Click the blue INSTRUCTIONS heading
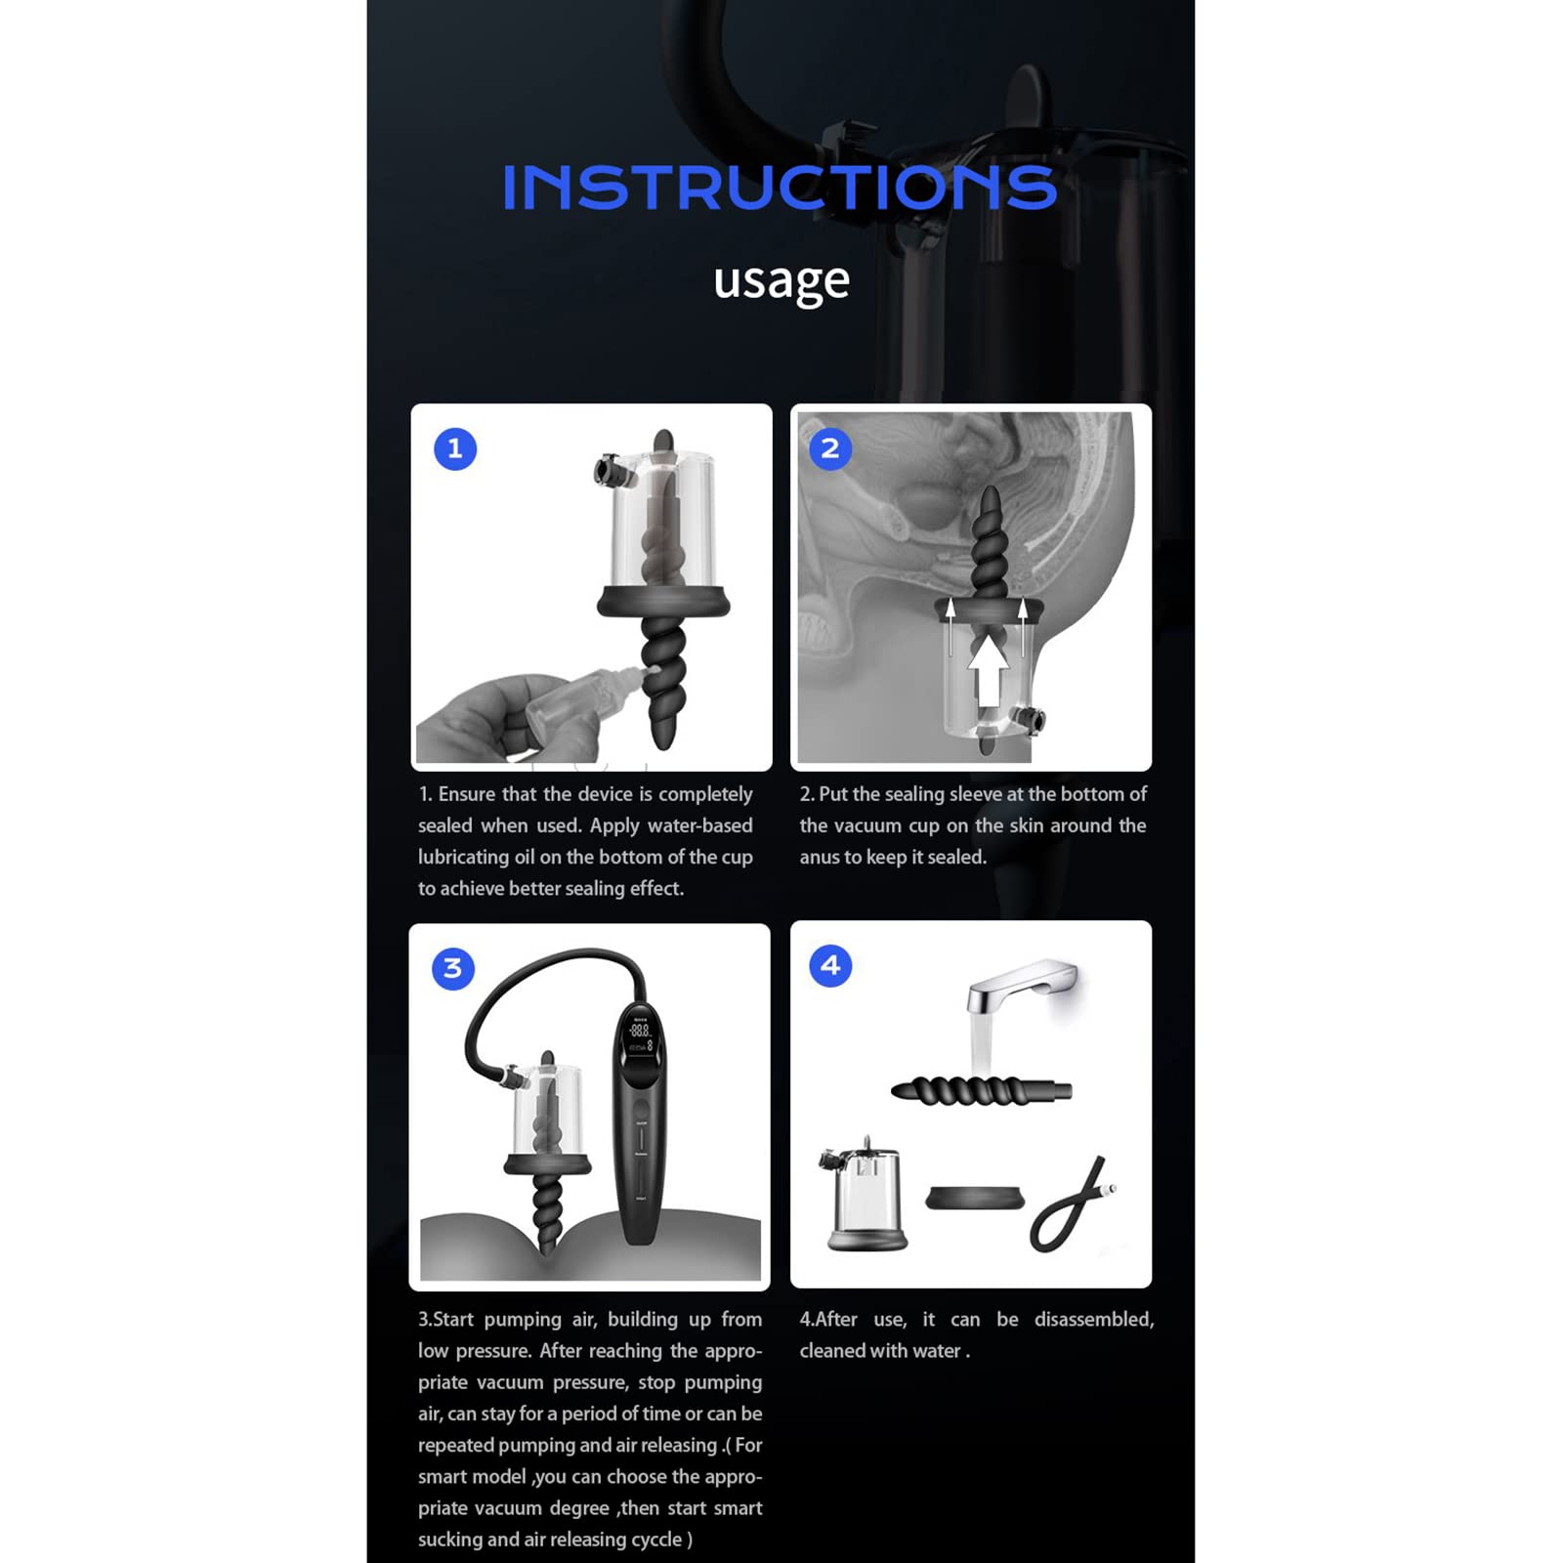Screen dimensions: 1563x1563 pyautogui.click(x=780, y=187)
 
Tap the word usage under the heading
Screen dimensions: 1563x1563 pyautogui.click(x=781, y=281)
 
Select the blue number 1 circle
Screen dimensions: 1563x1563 pyautogui.click(x=454, y=449)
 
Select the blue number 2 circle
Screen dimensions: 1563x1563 pyautogui.click(x=830, y=448)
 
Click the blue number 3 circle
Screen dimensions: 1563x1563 pyautogui.click(x=452, y=968)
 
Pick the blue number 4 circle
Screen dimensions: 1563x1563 pyautogui.click(x=830, y=965)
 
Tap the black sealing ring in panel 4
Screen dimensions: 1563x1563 pyautogui.click(x=975, y=1198)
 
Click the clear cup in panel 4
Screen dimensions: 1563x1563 pyautogui.click(x=864, y=1193)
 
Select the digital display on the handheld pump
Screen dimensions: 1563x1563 pyautogui.click(x=640, y=1038)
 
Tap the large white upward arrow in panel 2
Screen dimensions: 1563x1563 pyautogui.click(x=989, y=669)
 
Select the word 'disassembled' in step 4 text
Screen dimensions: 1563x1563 pyautogui.click(x=1094, y=1320)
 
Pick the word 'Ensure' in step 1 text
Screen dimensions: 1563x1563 pyautogui.click(x=467, y=794)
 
